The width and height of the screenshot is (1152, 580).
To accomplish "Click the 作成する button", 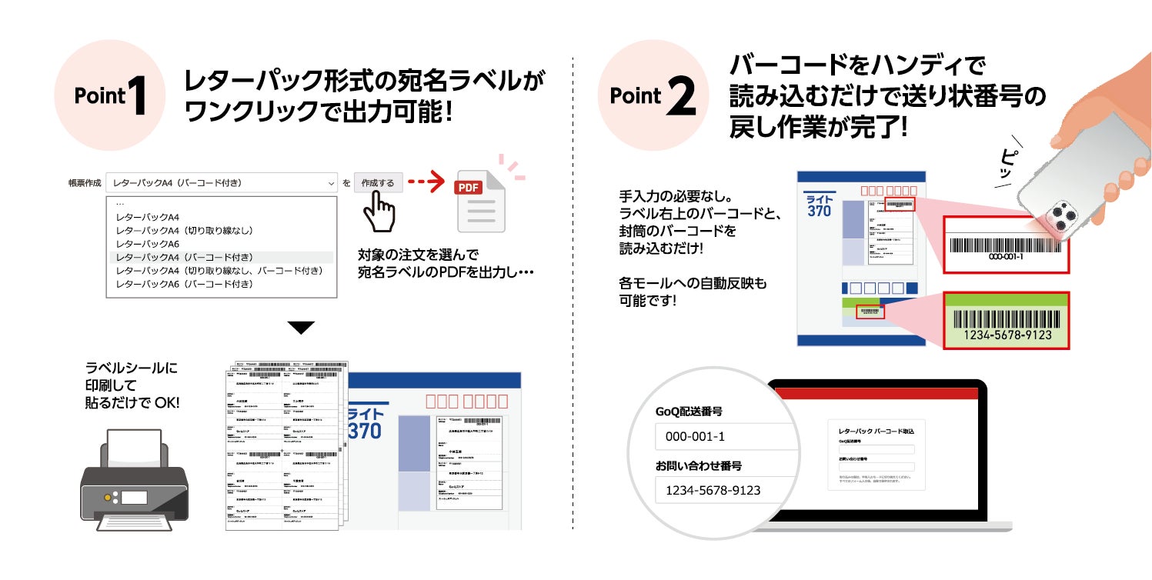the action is (x=378, y=183).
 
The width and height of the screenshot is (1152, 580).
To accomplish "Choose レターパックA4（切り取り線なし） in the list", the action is (x=185, y=230).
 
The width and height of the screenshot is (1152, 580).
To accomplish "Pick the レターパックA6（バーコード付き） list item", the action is (x=185, y=284).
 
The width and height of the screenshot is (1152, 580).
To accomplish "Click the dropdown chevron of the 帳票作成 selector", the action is (x=331, y=183).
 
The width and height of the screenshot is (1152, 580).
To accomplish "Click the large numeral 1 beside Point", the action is (x=139, y=95).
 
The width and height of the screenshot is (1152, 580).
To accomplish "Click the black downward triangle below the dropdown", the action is (x=301, y=328).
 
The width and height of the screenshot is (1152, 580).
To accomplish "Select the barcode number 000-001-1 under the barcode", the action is (x=1005, y=256).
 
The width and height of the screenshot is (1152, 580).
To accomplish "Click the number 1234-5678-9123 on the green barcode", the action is (x=1007, y=335).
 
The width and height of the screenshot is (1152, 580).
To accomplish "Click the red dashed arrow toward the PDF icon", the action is (x=426, y=183).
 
